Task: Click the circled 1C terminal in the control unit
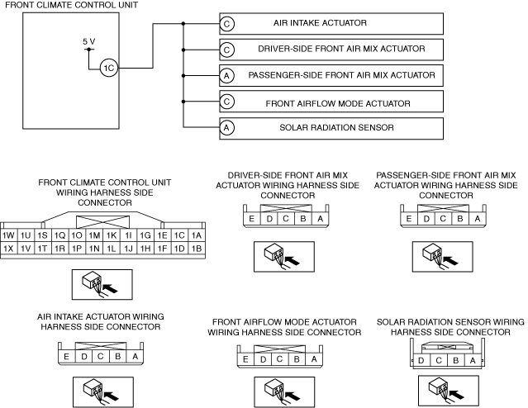[109, 68]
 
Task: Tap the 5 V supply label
[89, 41]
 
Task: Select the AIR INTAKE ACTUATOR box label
[320, 23]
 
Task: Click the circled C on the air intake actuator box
[226, 24]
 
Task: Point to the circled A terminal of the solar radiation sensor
[226, 127]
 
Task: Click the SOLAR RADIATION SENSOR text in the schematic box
[336, 127]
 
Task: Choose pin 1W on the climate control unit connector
[8, 235]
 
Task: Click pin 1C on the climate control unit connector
[179, 235]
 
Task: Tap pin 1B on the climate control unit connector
[197, 249]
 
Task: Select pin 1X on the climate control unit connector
[8, 249]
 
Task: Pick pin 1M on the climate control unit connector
[94, 235]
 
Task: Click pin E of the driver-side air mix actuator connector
[251, 219]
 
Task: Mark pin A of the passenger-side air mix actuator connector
[477, 219]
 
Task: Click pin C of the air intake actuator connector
[100, 356]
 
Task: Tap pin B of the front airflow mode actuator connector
[297, 359]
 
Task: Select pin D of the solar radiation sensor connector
[421, 361]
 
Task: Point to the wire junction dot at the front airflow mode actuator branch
[183, 102]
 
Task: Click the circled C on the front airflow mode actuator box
[226, 102]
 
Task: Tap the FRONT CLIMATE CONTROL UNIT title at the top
[71, 5]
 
